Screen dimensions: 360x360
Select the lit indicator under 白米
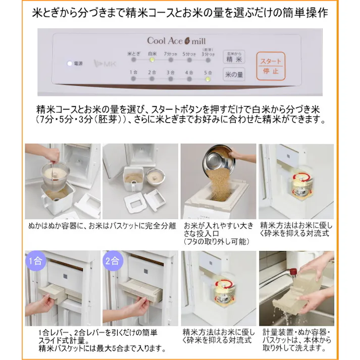151,60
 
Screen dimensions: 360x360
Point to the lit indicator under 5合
208,79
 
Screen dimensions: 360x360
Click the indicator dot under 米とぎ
133,60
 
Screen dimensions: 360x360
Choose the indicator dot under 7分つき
170,60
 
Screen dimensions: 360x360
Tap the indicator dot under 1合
133,79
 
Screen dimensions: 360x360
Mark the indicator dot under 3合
170,79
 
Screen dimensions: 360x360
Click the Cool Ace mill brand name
176,40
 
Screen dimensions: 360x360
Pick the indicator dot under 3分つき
208,60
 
